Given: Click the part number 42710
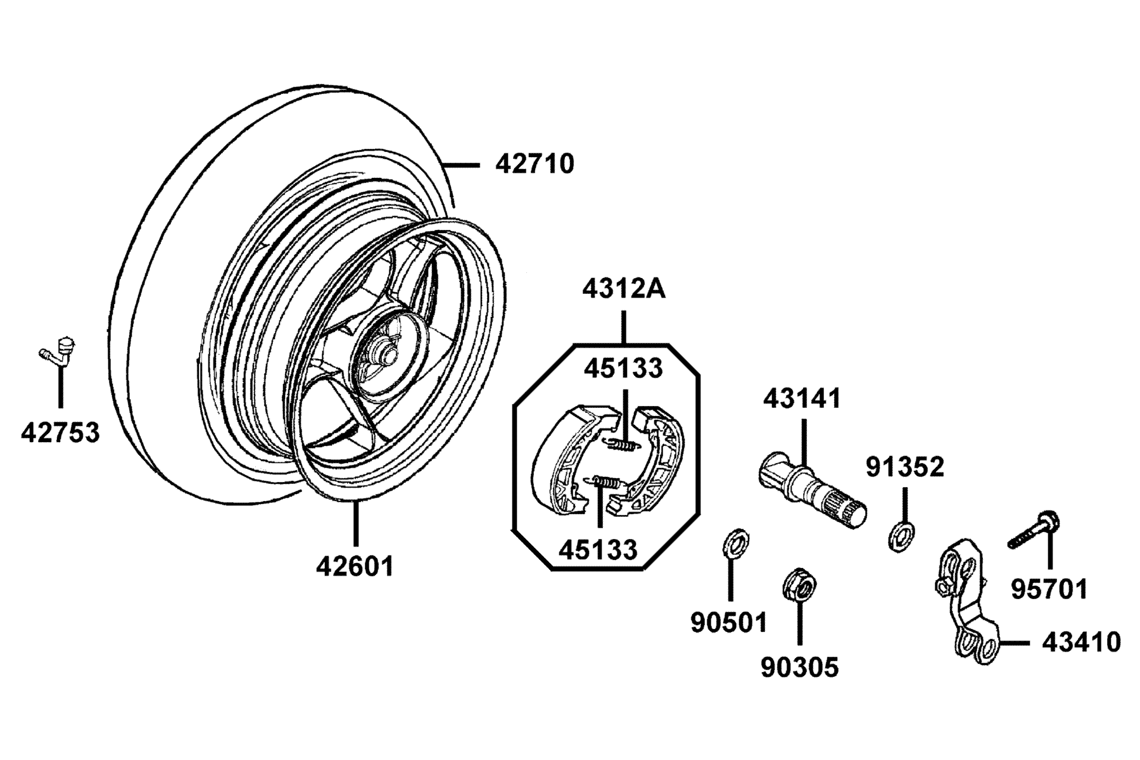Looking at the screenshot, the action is (x=535, y=165).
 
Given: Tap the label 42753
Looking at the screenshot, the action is (x=60, y=433).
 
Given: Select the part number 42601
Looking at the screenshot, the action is (x=355, y=566).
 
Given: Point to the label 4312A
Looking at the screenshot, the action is (x=624, y=290).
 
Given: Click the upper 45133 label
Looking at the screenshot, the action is (x=623, y=368).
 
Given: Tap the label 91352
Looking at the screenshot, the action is (x=905, y=467).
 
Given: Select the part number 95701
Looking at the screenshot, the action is (x=1049, y=590).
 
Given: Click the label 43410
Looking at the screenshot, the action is (x=1081, y=643).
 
